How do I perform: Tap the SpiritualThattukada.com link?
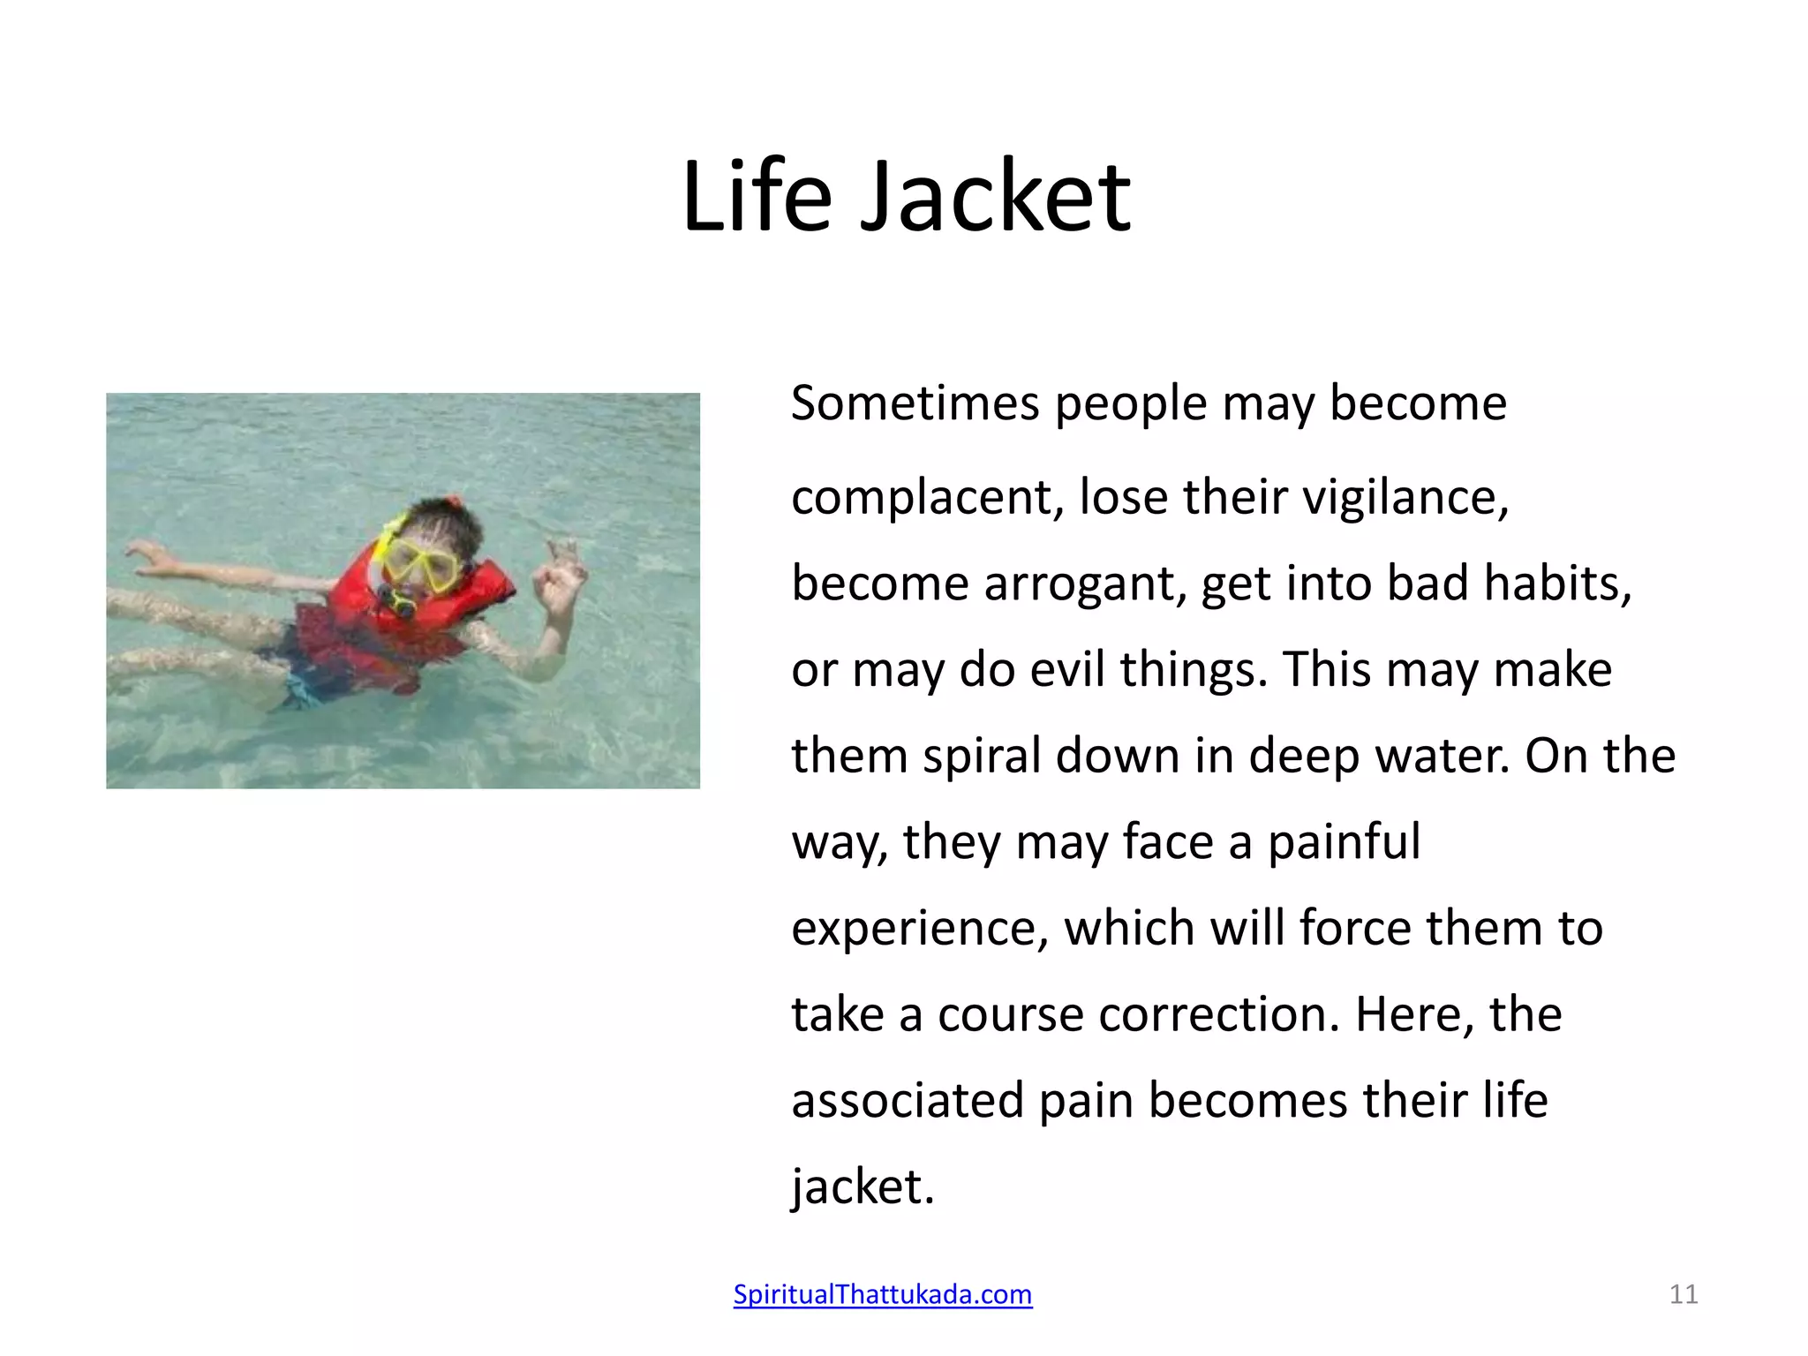[883, 1294]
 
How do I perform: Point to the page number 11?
[1684, 1294]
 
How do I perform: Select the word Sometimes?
[915, 403]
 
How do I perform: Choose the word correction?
[1219, 1015]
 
